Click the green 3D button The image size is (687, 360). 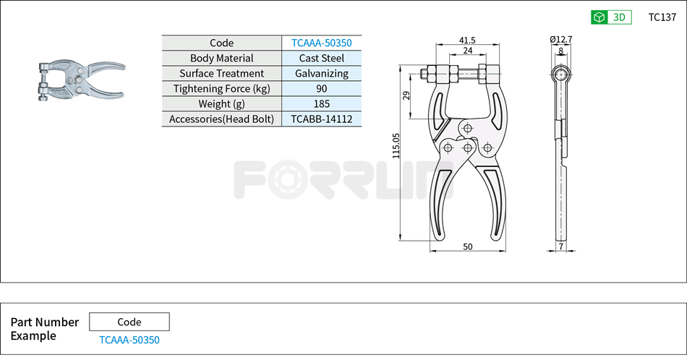611,17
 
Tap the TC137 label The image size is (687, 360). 662,17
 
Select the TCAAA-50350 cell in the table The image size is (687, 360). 322,43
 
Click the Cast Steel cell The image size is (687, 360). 322,58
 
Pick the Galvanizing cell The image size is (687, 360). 322,73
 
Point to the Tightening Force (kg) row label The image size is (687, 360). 221,88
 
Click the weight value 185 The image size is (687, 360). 322,103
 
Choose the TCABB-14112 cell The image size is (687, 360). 322,119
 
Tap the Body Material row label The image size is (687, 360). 221,58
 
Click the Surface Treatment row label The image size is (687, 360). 221,73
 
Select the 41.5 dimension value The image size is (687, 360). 466,40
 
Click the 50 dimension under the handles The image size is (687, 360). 467,247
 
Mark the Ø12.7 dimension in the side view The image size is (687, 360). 560,39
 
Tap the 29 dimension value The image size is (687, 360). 406,95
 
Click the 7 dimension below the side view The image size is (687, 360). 560,247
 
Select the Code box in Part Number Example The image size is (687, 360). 129,322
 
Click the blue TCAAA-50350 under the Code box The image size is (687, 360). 129,340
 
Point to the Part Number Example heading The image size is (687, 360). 44,329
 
